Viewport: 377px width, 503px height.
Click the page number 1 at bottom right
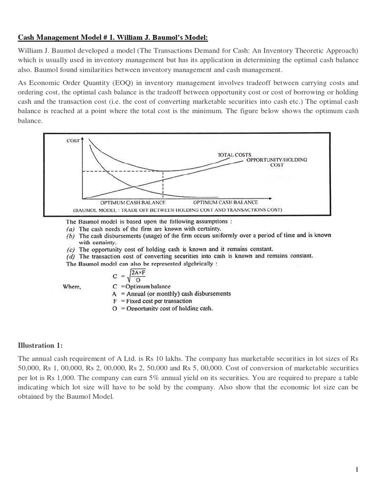(357, 470)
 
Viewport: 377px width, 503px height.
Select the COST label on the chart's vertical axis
(74, 140)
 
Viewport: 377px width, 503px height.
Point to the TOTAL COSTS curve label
(234, 155)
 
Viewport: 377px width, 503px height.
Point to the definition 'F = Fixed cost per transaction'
(153, 301)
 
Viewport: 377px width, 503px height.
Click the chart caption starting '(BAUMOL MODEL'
(177, 210)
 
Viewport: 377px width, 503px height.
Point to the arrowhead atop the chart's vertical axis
(87, 139)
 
